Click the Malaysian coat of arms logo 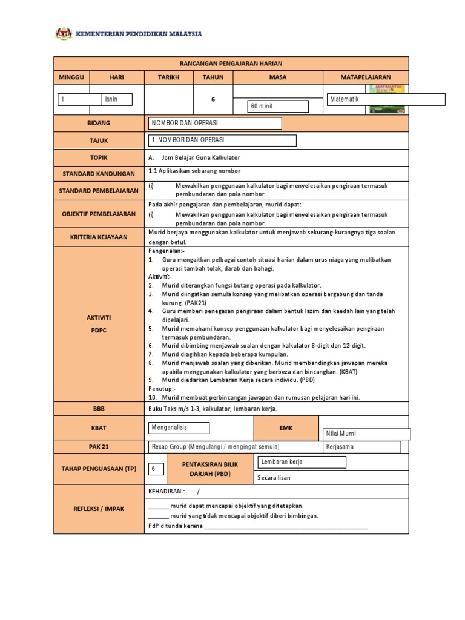click(x=63, y=33)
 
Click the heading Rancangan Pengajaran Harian click(x=231, y=64)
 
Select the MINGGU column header click(x=72, y=77)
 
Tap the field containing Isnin click(x=117, y=99)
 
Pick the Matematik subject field click(x=386, y=99)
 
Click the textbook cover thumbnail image click(x=387, y=99)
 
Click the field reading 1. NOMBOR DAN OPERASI click(x=222, y=140)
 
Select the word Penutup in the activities click(x=160, y=389)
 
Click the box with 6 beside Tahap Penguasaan click(x=155, y=469)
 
